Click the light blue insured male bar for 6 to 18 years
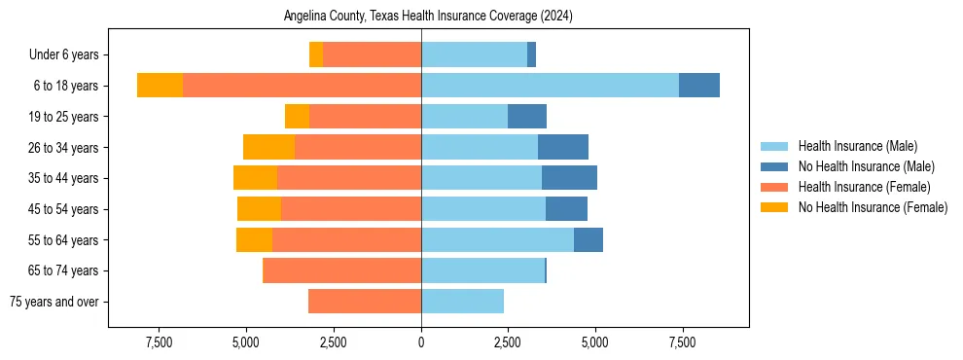click(550, 86)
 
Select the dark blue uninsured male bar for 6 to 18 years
click(699, 86)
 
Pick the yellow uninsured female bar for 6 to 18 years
click(160, 86)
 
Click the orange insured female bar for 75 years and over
click(365, 302)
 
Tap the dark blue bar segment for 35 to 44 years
click(569, 178)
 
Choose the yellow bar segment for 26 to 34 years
click(268, 147)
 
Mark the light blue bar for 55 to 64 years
click(497, 239)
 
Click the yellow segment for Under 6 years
click(316, 54)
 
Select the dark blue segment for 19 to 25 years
click(527, 117)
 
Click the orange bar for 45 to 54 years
click(351, 209)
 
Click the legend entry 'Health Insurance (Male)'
click(857, 146)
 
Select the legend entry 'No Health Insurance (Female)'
click(872, 207)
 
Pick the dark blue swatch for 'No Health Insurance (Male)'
click(774, 166)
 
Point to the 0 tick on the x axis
click(421, 342)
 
